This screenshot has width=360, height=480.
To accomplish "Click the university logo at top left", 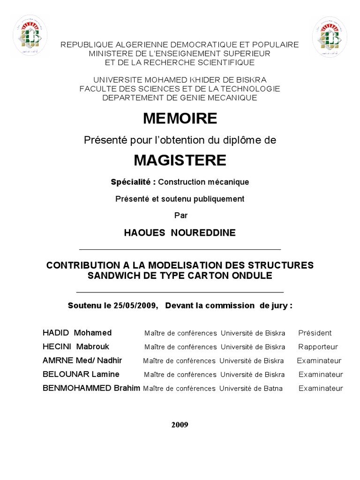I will (29, 35).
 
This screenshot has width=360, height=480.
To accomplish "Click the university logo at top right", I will (330, 35).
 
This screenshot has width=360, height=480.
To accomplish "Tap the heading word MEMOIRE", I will (180, 119).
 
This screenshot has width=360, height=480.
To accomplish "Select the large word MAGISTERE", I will (180, 160).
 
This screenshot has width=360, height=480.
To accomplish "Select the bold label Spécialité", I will (133, 182).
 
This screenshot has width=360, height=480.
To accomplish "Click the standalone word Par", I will (180, 215).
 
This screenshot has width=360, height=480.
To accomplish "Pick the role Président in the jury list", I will (315, 333).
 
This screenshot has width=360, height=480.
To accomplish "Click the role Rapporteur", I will (318, 347).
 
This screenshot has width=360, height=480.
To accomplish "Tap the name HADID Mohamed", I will (77, 333).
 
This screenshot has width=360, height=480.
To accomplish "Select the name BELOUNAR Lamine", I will (81, 375).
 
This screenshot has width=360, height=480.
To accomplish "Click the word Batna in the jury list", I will (272, 389).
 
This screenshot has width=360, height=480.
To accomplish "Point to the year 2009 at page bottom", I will (180, 425).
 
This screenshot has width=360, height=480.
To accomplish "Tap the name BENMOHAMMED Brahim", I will (91, 388).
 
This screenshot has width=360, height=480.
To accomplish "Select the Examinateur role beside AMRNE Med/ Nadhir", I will (319, 361).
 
